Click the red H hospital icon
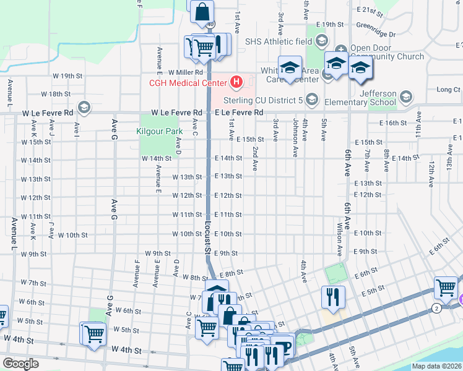coord(236,82)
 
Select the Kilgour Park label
coord(160,131)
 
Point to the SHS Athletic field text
coord(279,42)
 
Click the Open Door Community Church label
coord(387,52)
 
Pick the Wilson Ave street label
coord(340,240)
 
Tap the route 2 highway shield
coord(437,308)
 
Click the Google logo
coord(20,364)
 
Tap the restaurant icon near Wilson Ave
coord(332,297)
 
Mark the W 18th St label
coord(56,94)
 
